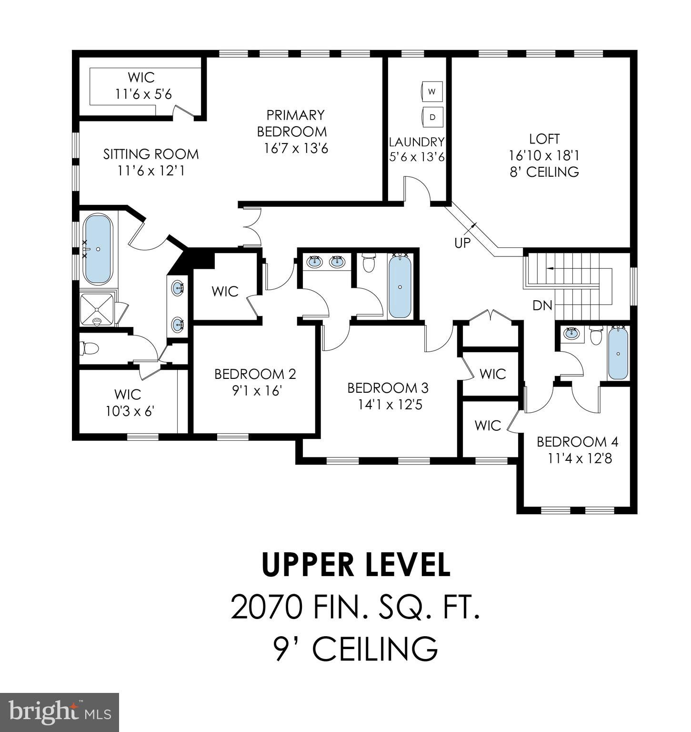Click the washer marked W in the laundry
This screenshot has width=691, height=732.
pos(432,91)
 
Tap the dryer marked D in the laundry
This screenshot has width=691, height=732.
pos(432,117)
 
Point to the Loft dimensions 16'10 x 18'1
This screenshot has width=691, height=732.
pos(544,155)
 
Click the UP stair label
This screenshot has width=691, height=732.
pos(462,243)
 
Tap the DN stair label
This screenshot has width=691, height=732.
pos(542,305)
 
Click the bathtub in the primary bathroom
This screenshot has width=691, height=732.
pos(98,249)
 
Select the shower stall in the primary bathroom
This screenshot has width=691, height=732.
pos(97,309)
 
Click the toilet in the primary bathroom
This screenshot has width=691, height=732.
pos(89,348)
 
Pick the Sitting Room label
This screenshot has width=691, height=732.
pos(151,154)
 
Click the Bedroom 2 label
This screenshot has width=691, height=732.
pos(255,374)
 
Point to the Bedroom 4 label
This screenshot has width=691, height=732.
pos(577,442)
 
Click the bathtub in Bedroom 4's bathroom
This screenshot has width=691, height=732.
pos(618,353)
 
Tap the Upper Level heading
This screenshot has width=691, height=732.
pos(356,564)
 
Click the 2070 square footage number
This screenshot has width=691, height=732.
pos(265,608)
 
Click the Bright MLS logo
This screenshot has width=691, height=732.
pos(60,712)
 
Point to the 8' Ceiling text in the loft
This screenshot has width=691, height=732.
pos(544,172)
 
